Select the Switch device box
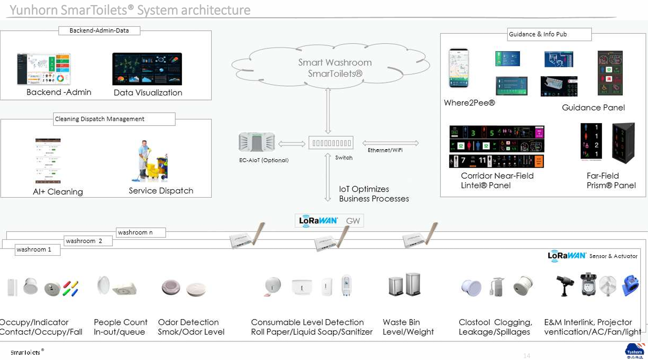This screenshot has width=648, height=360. point(331,143)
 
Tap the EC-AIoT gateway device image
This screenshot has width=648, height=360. point(257,142)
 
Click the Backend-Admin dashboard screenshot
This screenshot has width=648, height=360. point(44,69)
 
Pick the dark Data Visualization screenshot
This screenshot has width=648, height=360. point(147,69)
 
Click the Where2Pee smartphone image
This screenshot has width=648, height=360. point(458,68)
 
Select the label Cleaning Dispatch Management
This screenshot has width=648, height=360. point(99,119)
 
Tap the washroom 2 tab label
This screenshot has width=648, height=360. point(84,241)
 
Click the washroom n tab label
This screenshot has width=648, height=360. point(135,232)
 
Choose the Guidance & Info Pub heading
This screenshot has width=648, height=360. point(538,34)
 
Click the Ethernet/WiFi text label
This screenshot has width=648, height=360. point(385,150)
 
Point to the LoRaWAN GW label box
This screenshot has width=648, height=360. point(329,221)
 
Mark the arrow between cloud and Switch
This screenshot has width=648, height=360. point(328,111)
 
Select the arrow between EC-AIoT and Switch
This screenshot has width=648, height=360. point(292,144)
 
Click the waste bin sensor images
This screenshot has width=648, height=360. point(405,284)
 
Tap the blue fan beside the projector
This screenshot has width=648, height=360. point(630,285)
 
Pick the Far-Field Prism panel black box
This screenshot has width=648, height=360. point(623,143)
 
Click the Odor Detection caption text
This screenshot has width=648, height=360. point(188,322)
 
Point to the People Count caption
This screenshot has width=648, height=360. point(121,322)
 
